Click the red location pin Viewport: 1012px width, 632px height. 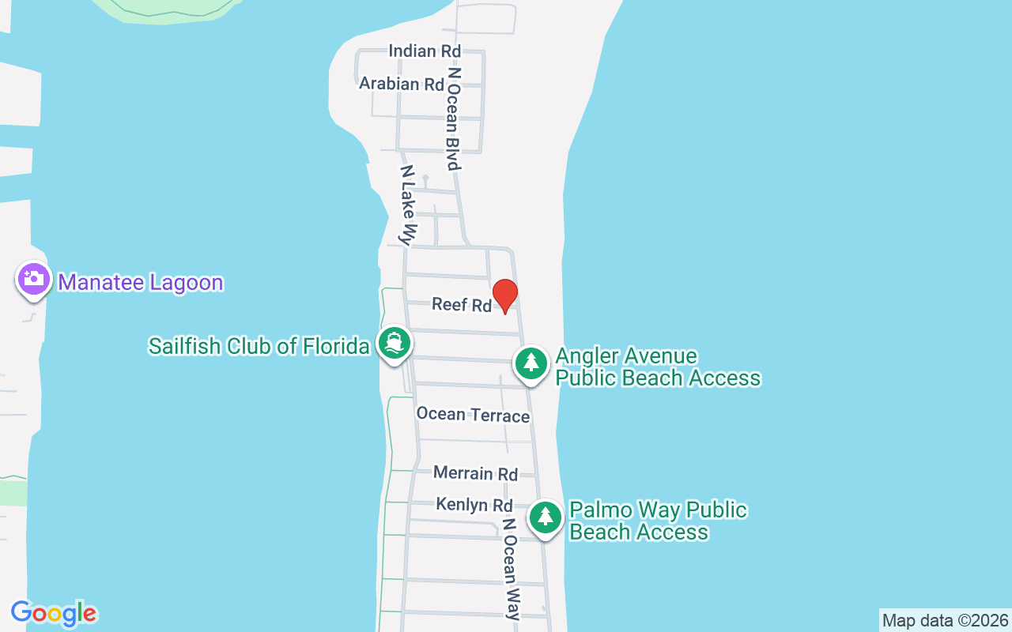click(504, 295)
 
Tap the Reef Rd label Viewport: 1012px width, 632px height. click(462, 304)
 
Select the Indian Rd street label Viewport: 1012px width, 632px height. click(425, 51)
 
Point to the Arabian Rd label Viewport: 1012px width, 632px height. click(402, 84)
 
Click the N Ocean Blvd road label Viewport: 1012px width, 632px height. click(454, 118)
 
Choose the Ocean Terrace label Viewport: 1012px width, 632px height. click(473, 415)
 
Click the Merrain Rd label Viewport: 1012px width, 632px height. click(475, 473)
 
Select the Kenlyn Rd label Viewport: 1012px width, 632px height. click(474, 505)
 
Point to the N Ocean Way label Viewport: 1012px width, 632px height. click(512, 569)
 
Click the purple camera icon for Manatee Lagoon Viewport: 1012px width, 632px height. click(33, 280)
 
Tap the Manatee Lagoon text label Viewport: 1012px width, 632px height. click(141, 282)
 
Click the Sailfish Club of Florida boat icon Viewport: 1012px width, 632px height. click(394, 344)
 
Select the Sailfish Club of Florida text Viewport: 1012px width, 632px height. click(259, 346)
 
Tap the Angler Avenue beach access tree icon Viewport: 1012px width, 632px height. click(532, 363)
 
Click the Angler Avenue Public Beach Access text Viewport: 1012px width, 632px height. click(658, 367)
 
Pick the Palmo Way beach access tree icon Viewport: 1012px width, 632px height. click(545, 517)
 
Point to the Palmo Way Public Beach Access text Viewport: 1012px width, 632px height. click(658, 521)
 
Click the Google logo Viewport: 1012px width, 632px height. click(54, 613)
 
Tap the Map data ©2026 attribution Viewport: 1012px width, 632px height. click(945, 620)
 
